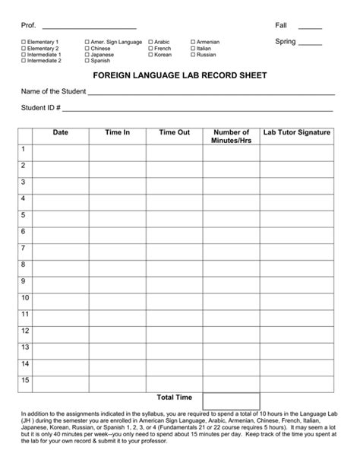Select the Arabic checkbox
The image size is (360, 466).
point(150,42)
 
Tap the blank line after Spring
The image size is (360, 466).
point(311,43)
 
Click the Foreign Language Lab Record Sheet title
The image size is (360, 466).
point(179,77)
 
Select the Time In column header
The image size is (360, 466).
point(117,132)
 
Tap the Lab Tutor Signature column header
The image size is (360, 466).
point(297,132)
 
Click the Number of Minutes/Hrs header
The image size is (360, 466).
point(231,137)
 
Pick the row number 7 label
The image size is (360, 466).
point(24,248)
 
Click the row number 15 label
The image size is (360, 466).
point(25,379)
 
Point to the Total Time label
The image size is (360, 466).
point(175,397)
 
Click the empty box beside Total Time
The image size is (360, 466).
point(231,400)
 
